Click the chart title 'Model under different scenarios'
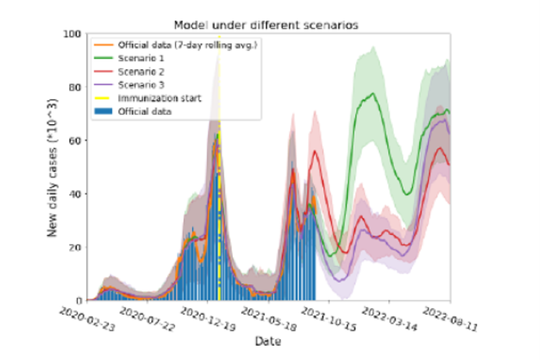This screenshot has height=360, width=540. (x=266, y=25)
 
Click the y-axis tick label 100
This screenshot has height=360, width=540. (x=74, y=34)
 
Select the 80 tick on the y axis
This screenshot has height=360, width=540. (x=76, y=87)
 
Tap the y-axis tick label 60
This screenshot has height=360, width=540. (x=76, y=140)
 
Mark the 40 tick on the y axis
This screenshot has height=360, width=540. (x=76, y=193)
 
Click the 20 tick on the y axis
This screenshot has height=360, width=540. (x=76, y=247)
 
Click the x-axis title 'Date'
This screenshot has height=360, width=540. (x=268, y=342)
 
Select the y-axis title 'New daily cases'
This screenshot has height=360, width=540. (x=53, y=166)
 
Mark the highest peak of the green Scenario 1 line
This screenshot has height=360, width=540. (x=373, y=93)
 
